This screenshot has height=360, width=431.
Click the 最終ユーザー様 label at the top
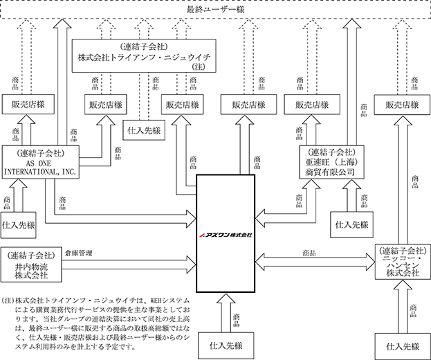pyautogui.click(x=215, y=10)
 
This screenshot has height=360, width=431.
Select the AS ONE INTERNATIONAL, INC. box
pyautogui.click(x=41, y=162)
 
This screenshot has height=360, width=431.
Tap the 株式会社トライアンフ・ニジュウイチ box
pyautogui.click(x=144, y=56)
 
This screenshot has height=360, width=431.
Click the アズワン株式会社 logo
pyautogui.click(x=226, y=235)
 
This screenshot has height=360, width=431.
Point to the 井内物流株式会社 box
pyautogui.click(x=31, y=264)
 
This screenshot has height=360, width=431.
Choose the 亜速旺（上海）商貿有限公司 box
pyautogui.click(x=332, y=162)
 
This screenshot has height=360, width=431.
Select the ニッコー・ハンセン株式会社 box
pyautogui.click(x=403, y=262)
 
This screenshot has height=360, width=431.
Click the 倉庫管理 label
pyautogui.click(x=79, y=253)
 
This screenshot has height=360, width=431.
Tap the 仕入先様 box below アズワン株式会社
pyautogui.click(x=226, y=345)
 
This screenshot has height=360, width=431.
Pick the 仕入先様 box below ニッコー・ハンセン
pyautogui.click(x=403, y=346)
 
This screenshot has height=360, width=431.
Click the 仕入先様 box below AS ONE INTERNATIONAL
pyautogui.click(x=19, y=225)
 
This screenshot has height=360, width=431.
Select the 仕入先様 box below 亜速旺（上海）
pyautogui.click(x=352, y=225)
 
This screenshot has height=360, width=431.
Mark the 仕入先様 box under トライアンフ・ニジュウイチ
pyautogui.click(x=144, y=130)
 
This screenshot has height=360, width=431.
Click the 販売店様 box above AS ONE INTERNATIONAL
pyautogui.click(x=28, y=105)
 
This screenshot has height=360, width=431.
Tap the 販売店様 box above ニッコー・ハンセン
pyautogui.click(x=402, y=105)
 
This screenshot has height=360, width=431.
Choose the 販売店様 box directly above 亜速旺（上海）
pyautogui.click(x=312, y=105)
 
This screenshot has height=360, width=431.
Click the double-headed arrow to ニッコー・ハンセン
pyautogui.click(x=315, y=262)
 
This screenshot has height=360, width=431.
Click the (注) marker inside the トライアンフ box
pyautogui.click(x=199, y=66)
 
